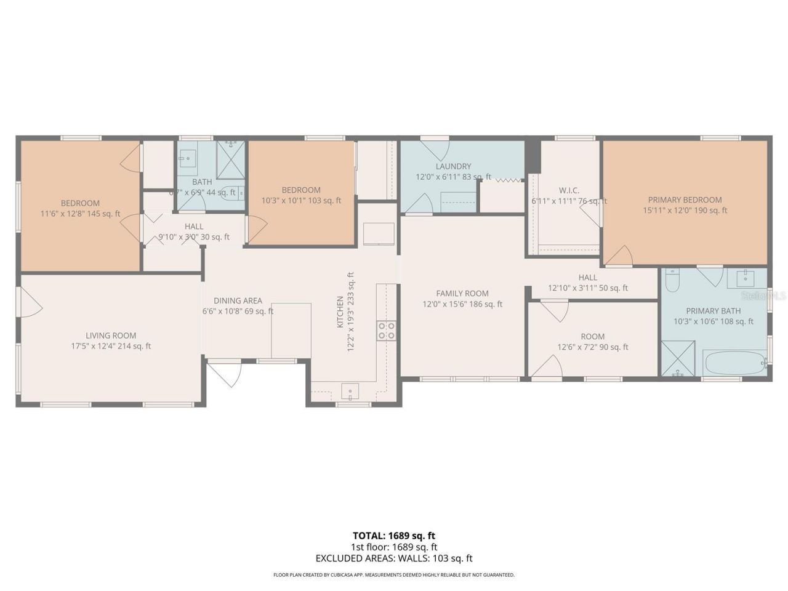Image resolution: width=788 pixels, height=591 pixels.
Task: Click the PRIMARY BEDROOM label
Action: [x=685, y=199]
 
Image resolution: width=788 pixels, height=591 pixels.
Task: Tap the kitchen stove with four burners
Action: [x=387, y=331]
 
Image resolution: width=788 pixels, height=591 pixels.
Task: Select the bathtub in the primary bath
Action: [x=734, y=363]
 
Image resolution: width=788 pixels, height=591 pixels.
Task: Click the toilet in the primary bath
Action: [x=672, y=280]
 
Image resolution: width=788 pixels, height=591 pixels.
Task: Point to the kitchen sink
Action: [x=350, y=390]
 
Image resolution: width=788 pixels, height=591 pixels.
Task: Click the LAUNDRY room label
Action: [x=453, y=166]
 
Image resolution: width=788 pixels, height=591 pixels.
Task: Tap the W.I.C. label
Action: [x=569, y=190]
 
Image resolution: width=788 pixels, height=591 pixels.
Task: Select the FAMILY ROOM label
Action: [x=462, y=294]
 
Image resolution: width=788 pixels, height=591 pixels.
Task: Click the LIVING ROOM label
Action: [x=111, y=336]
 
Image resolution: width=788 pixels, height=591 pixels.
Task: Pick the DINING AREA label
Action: [x=238, y=300]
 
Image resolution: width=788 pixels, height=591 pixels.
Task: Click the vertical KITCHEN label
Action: [x=340, y=312]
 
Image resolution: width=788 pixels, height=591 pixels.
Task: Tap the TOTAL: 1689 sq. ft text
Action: [x=393, y=536]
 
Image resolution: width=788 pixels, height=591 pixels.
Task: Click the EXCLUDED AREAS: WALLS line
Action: [x=393, y=558]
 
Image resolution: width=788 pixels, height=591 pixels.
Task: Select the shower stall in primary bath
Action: [x=677, y=358]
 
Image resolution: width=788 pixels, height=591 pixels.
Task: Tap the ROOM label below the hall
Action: [x=593, y=336]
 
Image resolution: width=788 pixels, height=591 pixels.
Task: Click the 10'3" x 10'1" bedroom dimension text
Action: [x=301, y=200]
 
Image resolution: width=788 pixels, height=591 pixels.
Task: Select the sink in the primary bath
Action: [x=746, y=278]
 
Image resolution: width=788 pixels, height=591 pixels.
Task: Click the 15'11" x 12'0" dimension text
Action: [x=685, y=210]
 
